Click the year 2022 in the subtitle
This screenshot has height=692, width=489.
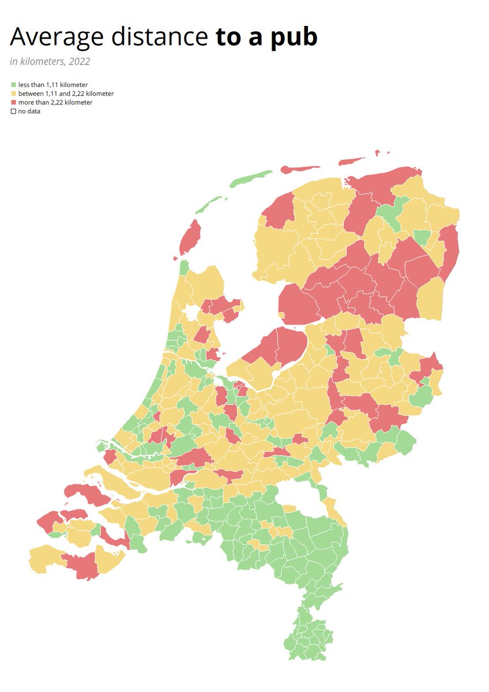[x=78, y=61]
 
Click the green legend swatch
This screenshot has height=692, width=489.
[x=13, y=85]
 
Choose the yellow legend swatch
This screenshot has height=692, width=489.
[x=13, y=93]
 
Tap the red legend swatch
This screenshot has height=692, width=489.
[x=13, y=102]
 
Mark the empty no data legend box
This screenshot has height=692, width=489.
[x=13, y=111]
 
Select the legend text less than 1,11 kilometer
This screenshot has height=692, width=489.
[x=52, y=85]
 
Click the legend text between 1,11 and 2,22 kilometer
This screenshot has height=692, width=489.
[x=66, y=93]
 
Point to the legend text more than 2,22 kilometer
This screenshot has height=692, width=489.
[x=55, y=102]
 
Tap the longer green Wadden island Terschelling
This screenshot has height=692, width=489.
[x=251, y=179]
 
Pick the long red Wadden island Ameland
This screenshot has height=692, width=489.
[x=300, y=169]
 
